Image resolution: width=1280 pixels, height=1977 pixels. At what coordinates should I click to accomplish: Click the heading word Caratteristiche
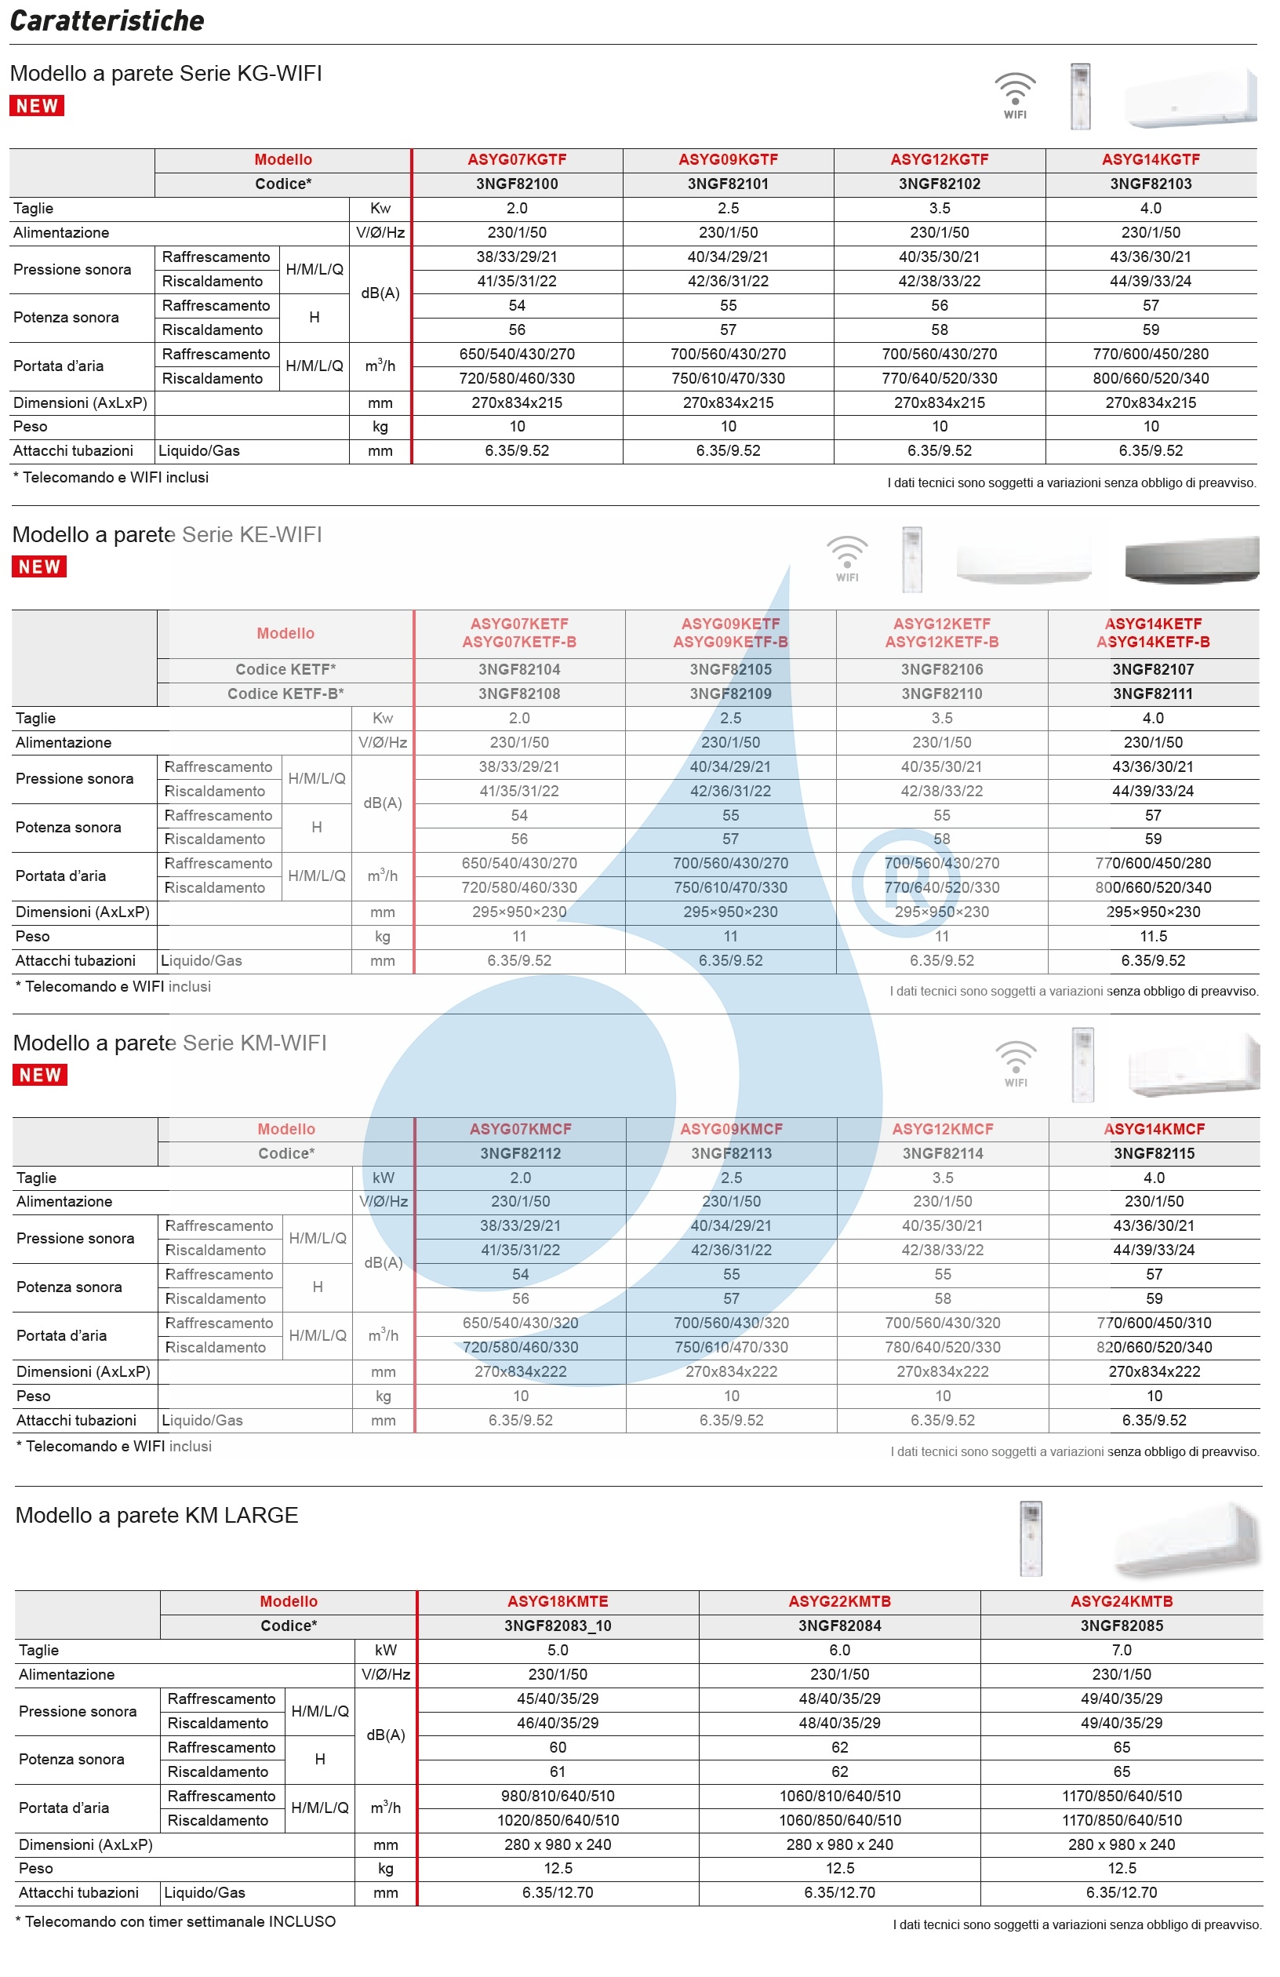point(107,20)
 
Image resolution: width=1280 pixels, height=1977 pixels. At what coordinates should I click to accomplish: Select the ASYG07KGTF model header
point(517,159)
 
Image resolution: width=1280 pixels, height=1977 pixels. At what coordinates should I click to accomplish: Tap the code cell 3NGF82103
point(1151,184)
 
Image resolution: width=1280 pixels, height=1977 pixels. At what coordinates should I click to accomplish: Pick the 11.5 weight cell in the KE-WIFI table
point(1153,936)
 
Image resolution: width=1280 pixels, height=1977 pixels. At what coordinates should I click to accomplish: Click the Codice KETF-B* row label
point(285,694)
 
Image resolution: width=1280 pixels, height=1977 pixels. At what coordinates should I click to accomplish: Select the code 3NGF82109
point(730,694)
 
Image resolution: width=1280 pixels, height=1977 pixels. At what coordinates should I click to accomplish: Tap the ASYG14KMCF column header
point(1154,1129)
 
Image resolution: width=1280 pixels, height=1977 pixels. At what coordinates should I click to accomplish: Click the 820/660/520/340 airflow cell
point(1154,1347)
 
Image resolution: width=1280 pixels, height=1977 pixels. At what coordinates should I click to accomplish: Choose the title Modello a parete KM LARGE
point(156,1515)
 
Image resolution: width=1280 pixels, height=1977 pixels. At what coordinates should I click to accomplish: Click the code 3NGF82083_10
point(558,1626)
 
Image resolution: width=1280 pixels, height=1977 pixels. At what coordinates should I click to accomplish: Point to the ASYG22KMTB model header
point(839,1601)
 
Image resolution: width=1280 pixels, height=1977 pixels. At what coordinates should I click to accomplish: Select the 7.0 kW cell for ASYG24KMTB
point(1122,1650)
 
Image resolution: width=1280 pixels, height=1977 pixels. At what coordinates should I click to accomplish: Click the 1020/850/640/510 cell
point(558,1820)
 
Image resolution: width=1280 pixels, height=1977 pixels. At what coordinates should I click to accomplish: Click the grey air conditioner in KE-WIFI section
point(1191,561)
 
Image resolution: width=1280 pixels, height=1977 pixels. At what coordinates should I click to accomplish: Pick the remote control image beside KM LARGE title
point(1030,1538)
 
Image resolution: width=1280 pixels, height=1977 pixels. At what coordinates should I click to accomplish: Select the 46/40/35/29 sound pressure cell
point(558,1723)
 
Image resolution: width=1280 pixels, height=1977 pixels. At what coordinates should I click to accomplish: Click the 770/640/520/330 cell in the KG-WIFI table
point(940,378)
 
